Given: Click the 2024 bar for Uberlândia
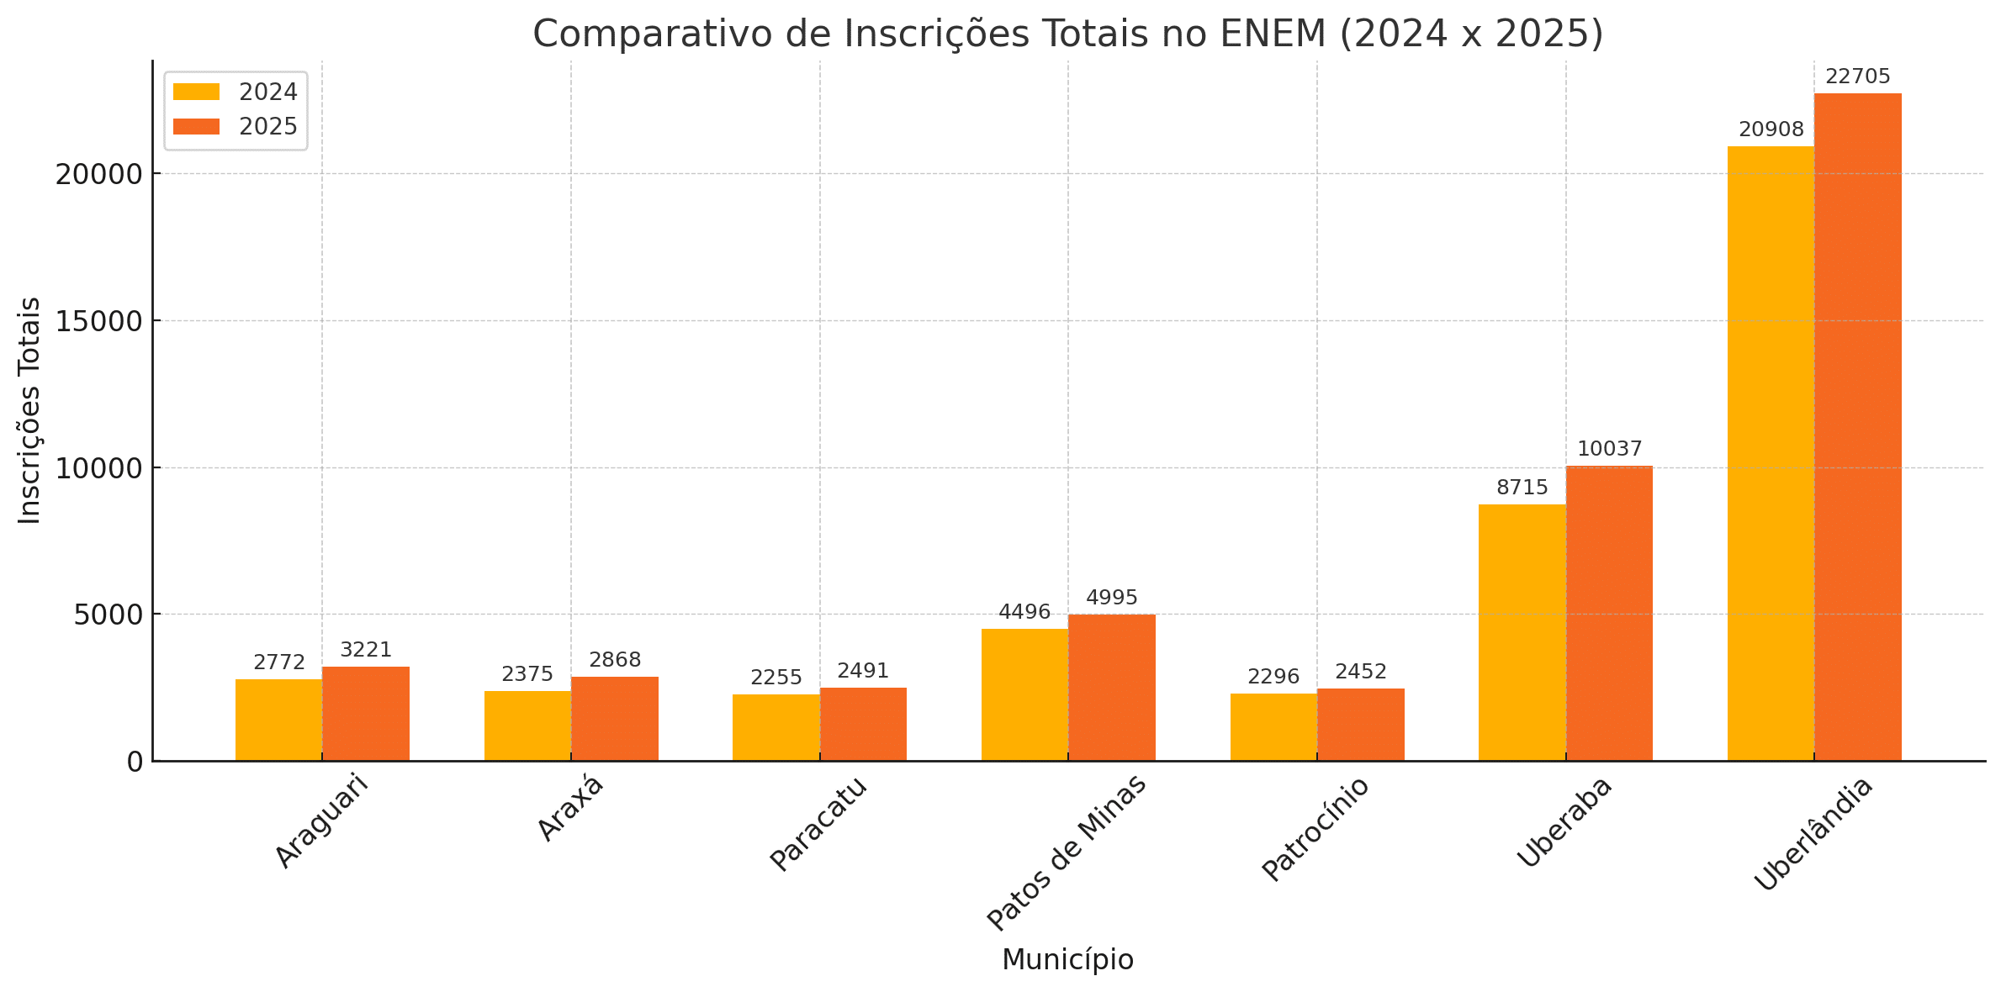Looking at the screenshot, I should pos(1770,454).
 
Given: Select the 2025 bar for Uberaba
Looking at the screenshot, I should pos(1609,614).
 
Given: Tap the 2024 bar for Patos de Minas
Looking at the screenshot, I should pos(1024,694).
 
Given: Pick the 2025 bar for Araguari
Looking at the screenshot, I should pos(366,714).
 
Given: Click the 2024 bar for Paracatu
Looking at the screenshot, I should pos(776,727).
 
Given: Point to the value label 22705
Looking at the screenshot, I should pos(1857,77).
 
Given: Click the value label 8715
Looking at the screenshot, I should pos(1522,488).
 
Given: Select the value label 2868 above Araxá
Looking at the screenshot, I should pos(615,661).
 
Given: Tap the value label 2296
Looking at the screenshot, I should pos(1273,677).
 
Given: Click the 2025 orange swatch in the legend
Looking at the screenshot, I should pos(196,127).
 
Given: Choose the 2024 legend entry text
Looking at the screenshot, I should pos(267,92).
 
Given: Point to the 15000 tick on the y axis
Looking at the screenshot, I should pos(98,321).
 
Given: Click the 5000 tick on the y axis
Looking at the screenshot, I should pos(108,615).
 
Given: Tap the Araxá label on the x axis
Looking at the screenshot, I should pos(570,808).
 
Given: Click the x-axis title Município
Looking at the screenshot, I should pos(1067,960).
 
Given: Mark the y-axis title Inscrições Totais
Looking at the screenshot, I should pos(29,410).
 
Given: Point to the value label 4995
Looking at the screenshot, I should pos(1111,598).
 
